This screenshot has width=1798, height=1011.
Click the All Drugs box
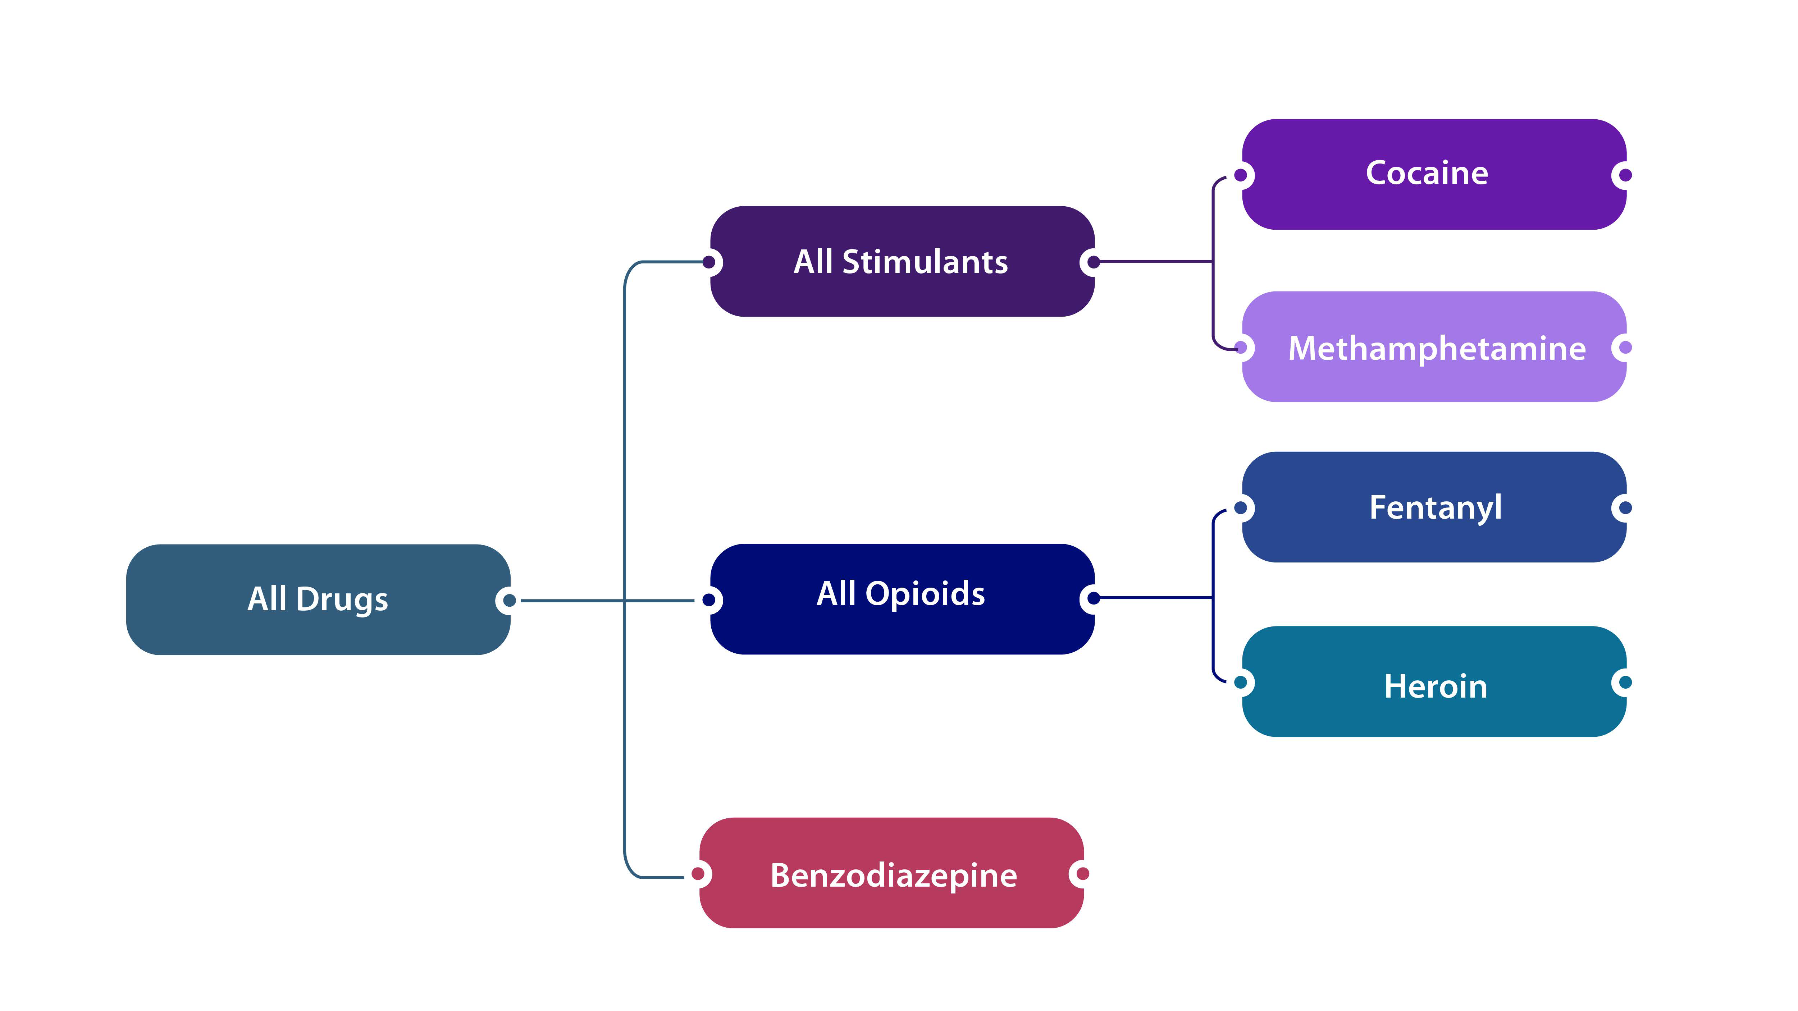tap(318, 599)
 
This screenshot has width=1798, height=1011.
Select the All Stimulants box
tap(901, 262)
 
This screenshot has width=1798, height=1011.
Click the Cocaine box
tap(1434, 174)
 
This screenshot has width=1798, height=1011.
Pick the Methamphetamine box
tap(1434, 347)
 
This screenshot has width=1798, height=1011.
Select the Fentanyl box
tap(1434, 507)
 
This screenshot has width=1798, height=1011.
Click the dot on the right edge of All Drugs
tap(509, 600)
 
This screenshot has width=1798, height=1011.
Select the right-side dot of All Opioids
tap(1094, 598)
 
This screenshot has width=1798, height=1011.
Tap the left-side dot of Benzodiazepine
tap(698, 874)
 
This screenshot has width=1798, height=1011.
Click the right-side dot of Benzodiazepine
tap(1082, 874)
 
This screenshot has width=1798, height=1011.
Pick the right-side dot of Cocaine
tap(1626, 174)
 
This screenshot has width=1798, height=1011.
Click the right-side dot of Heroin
tap(1626, 682)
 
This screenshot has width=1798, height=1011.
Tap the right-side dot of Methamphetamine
tap(1626, 347)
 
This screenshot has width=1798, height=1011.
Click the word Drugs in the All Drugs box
tap(342, 599)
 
